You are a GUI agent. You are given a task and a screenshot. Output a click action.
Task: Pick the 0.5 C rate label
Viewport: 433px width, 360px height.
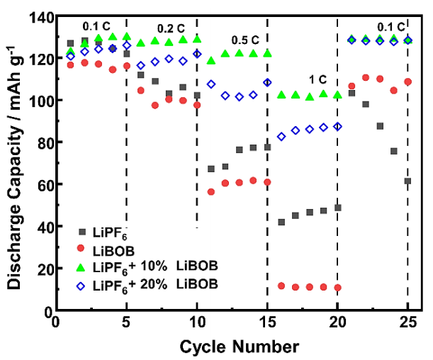click(x=245, y=40)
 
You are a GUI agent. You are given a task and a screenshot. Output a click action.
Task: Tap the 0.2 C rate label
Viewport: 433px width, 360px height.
click(x=170, y=28)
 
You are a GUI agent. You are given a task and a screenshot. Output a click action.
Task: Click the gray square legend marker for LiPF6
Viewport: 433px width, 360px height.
click(x=82, y=232)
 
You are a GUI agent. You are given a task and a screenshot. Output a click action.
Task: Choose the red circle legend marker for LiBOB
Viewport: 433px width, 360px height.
click(x=82, y=249)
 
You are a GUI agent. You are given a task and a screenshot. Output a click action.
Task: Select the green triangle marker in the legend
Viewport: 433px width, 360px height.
click(x=82, y=266)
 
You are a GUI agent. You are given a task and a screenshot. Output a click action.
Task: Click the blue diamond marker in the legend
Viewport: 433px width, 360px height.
click(x=82, y=283)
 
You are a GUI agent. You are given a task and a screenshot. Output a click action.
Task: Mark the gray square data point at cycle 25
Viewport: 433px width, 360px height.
click(x=407, y=181)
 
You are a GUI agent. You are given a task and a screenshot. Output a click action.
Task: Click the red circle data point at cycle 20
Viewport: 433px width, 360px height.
click(x=337, y=288)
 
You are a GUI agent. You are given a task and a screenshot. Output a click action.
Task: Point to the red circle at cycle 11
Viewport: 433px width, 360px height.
click(x=210, y=192)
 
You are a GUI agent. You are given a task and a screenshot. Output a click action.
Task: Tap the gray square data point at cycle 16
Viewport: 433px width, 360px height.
click(x=281, y=223)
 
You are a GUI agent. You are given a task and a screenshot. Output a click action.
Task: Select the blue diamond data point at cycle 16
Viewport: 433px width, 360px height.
click(x=281, y=136)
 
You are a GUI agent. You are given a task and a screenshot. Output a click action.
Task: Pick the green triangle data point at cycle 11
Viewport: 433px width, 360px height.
click(x=210, y=61)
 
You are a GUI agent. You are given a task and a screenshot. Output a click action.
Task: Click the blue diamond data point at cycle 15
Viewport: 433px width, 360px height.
click(x=267, y=82)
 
